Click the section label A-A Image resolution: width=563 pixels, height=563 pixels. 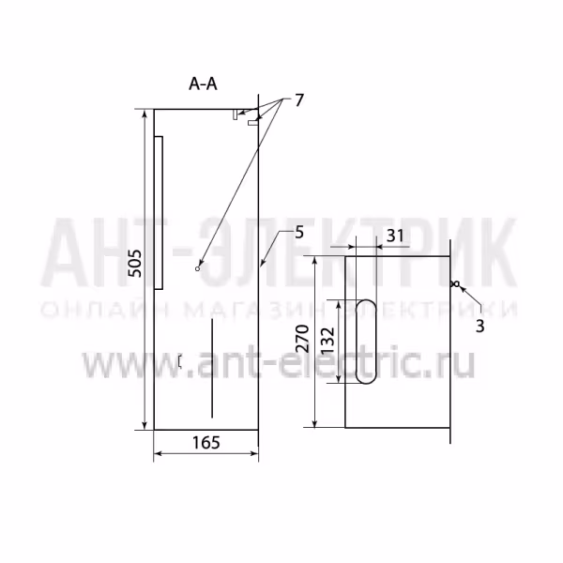pyautogui.click(x=203, y=84)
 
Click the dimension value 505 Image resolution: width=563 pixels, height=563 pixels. pyautogui.click(x=135, y=263)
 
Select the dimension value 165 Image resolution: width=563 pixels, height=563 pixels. pyautogui.click(x=206, y=442)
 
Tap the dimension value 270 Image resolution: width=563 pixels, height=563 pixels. pyautogui.click(x=302, y=339)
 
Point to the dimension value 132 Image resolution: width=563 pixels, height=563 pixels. pyautogui.click(x=327, y=341)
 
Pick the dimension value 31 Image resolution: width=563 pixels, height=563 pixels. pyautogui.click(x=395, y=236)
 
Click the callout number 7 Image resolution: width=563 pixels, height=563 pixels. pyautogui.click(x=299, y=100)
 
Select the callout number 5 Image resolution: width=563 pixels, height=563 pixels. pyautogui.click(x=299, y=233)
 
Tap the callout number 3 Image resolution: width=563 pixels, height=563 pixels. pyautogui.click(x=479, y=326)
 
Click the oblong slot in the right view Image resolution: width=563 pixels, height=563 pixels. pyautogui.click(x=366, y=342)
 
